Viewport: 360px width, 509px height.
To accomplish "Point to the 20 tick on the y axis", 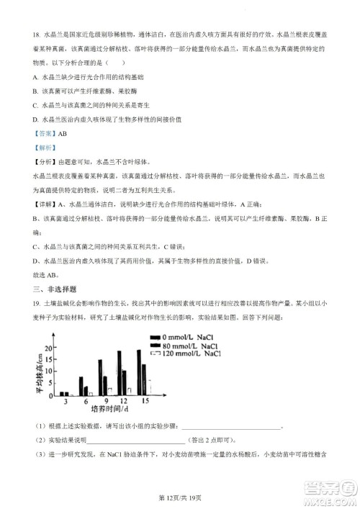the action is click(x=48, y=348).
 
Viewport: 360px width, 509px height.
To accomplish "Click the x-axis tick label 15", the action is click(x=145, y=400).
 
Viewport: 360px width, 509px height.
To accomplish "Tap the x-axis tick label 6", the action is click(x=85, y=400).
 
